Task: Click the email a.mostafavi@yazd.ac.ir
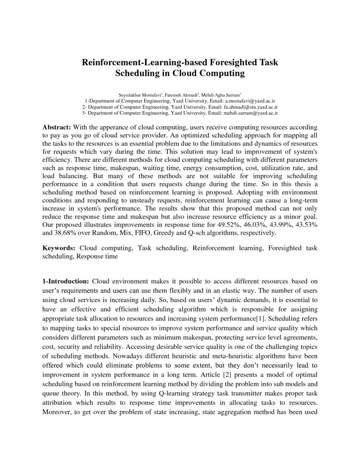click(x=250, y=101)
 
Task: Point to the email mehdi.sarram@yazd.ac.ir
click(x=251, y=113)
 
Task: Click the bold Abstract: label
click(x=58, y=128)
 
